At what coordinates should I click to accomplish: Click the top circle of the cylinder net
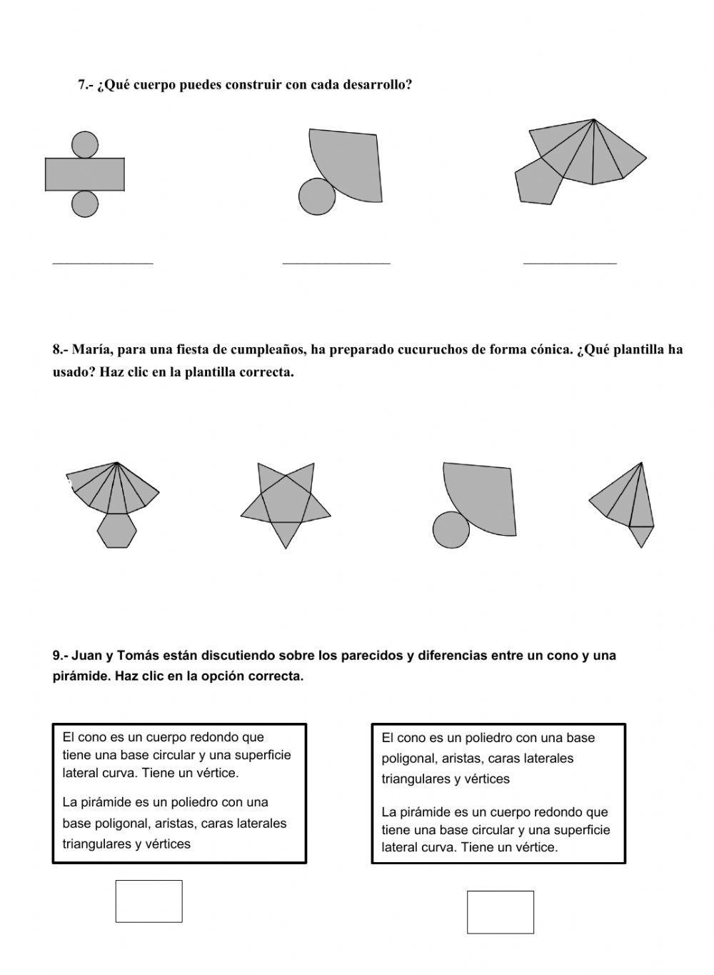click(x=85, y=144)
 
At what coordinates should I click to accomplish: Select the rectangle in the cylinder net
click(x=85, y=174)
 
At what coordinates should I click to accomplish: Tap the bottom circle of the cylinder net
click(x=85, y=204)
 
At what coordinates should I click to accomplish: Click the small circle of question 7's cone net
click(x=317, y=196)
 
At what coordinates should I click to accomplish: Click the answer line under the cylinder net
click(x=103, y=262)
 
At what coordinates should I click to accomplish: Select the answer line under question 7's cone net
click(x=336, y=262)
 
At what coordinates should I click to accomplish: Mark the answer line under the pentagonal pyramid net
click(x=570, y=262)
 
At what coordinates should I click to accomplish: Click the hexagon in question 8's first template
click(x=116, y=531)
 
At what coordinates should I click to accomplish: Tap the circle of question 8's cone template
click(x=451, y=530)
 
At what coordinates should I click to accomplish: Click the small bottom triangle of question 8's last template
click(x=641, y=535)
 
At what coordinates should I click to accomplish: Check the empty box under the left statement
click(x=149, y=901)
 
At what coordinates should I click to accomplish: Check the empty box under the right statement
click(x=500, y=911)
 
